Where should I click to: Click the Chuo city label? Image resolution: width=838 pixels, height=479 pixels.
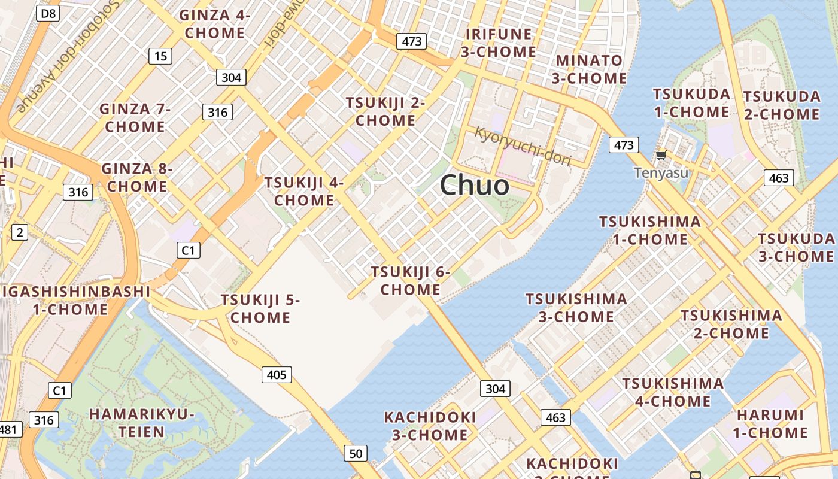[x=475, y=185]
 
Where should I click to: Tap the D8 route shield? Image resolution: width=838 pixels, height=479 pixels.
[x=48, y=13]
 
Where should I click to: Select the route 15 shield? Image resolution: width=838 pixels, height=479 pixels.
[x=160, y=56]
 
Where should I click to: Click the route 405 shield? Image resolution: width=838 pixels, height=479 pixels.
[x=276, y=375]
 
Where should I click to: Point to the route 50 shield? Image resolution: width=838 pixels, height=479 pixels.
[x=356, y=454]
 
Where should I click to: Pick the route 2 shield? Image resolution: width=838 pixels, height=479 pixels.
[x=19, y=232]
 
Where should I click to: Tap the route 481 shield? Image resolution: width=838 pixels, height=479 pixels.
[x=8, y=429]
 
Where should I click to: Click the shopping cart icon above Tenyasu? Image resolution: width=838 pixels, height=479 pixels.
[x=661, y=156]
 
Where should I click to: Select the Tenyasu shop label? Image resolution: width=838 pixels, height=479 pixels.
[x=661, y=173]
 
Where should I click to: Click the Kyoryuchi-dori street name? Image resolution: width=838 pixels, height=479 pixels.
[x=523, y=146]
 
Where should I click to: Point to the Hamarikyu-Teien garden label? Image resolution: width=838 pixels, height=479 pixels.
[x=142, y=423]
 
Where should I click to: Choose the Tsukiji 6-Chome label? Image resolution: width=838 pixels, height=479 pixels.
[x=411, y=281]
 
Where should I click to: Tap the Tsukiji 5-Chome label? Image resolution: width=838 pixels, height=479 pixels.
[x=260, y=308]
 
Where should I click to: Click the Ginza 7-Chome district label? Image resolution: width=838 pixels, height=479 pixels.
[x=135, y=117]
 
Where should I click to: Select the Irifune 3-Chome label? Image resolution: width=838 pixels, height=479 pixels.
[x=498, y=43]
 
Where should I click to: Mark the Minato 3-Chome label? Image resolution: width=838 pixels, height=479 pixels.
[x=590, y=69]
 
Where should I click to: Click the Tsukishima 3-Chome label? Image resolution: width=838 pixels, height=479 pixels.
[x=576, y=307]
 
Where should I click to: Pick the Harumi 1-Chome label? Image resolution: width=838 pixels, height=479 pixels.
[x=770, y=423]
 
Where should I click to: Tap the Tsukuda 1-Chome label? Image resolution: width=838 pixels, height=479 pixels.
[x=691, y=103]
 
